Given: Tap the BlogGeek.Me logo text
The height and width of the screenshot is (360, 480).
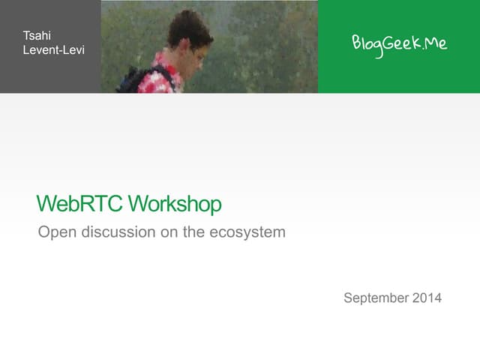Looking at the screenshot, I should (399, 43).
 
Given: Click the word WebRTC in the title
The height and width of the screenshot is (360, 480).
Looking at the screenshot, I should (79, 203).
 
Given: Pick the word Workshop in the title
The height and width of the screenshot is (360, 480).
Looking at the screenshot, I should (174, 203).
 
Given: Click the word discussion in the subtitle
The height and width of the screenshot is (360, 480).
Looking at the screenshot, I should (115, 232).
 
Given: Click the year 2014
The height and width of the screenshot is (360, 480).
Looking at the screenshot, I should (427, 298).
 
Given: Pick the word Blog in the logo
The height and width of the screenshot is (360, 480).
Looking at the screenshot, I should (367, 43).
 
